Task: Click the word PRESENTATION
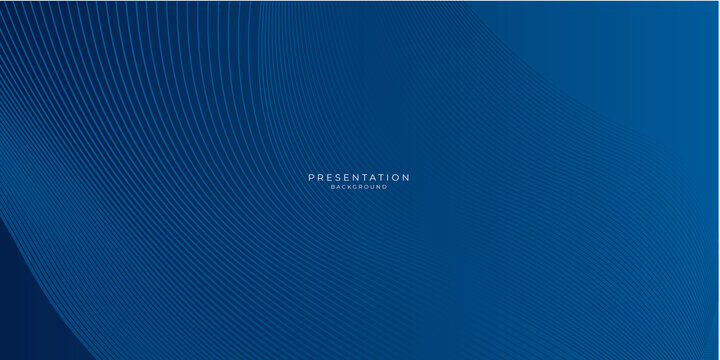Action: point(359,177)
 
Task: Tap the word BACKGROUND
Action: point(359,187)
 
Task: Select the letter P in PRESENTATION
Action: point(311,177)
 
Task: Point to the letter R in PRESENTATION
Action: point(320,177)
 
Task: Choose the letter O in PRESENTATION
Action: point(394,177)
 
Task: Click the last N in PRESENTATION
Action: point(405,177)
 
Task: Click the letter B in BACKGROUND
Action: point(333,187)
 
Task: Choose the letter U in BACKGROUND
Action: point(372,187)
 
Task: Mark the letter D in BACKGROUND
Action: point(385,187)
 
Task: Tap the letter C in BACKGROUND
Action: point(345,187)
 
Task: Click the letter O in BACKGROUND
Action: point(366,187)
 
